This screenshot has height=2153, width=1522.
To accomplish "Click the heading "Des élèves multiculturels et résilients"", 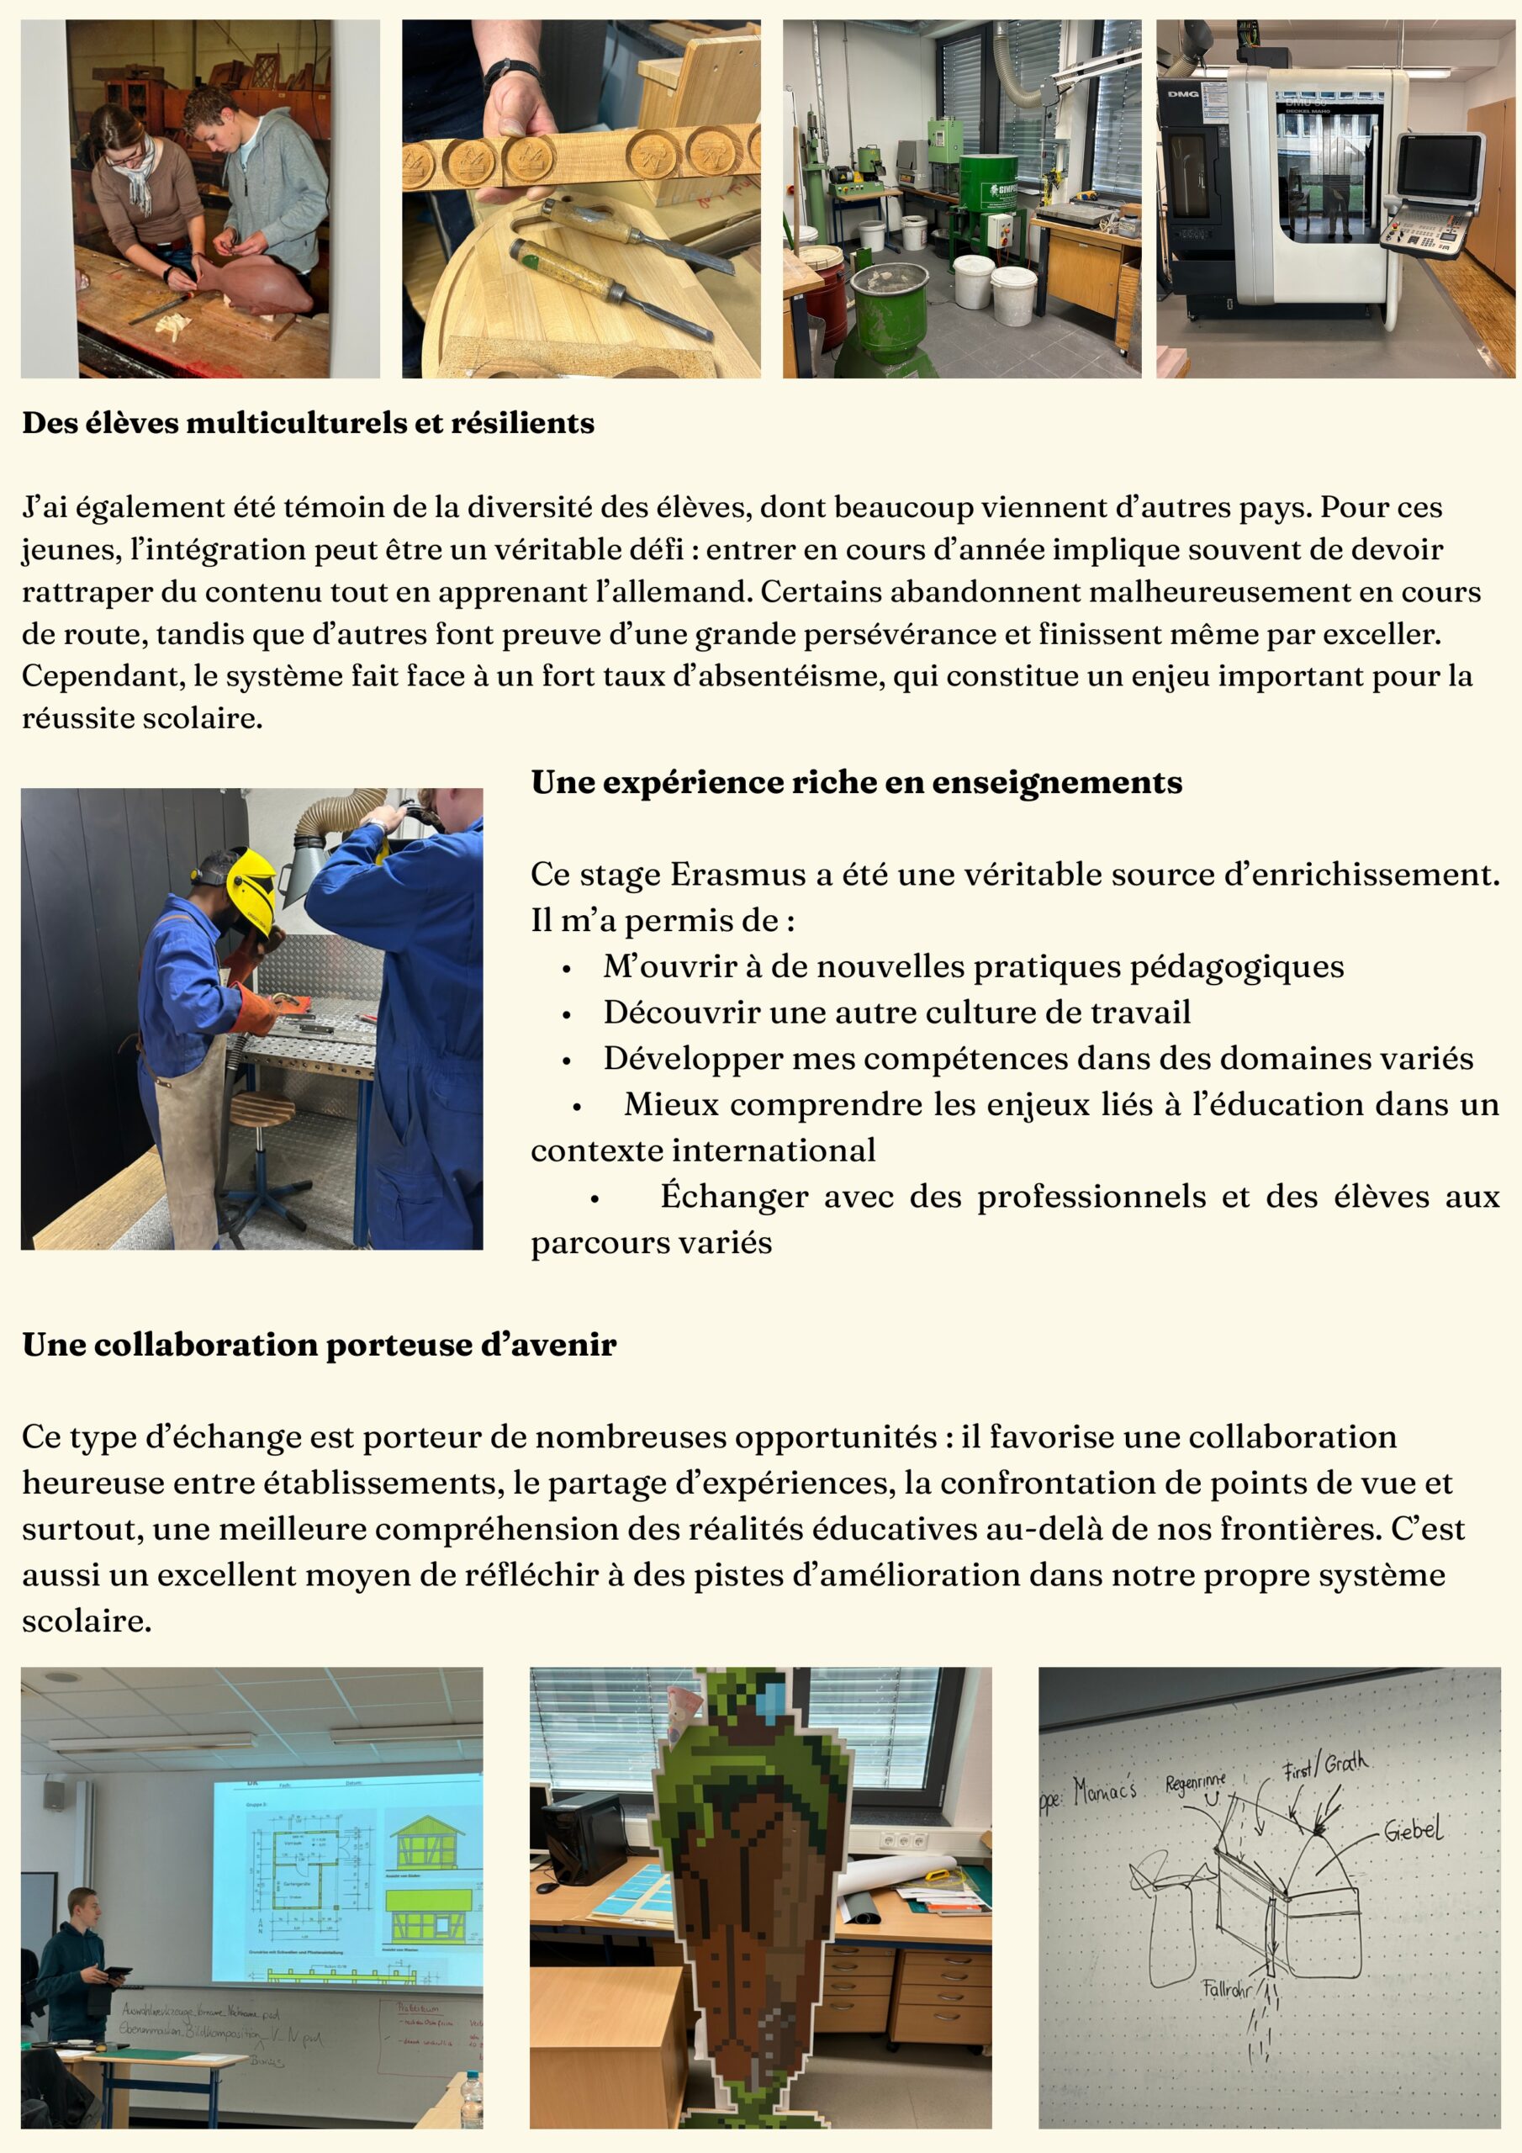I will point(308,423).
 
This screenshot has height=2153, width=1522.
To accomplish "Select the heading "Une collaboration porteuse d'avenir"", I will point(319,1345).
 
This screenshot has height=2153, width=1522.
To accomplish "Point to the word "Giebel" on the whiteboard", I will point(1414,1829).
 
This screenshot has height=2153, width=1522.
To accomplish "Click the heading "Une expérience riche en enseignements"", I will point(856,782).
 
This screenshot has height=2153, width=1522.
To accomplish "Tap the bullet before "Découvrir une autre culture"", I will point(567,1014).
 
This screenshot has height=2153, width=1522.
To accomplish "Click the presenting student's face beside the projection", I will point(83,1908).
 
